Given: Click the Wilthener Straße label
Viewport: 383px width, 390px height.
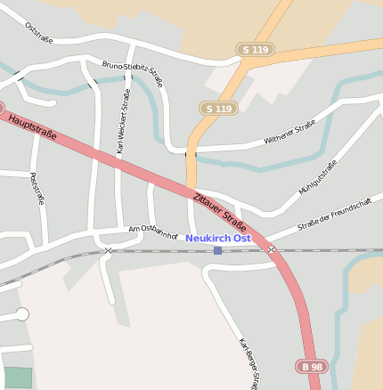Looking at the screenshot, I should coord(289,136).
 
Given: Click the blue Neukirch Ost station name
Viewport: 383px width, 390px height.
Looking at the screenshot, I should coord(218,239).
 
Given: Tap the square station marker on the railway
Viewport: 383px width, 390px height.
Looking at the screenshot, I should coord(217,250).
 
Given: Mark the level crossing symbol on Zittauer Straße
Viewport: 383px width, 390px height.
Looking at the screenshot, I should coord(271,250).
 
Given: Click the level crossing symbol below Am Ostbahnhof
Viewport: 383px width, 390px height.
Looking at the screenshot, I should coord(108,251).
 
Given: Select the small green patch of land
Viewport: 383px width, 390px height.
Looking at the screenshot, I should coord(18,378).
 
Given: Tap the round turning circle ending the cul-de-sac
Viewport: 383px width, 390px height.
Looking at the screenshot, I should coord(22,314).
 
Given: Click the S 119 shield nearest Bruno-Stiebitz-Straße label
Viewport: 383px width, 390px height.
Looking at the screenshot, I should coord(218,109).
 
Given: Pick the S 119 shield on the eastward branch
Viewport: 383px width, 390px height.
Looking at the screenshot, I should coord(256,50).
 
